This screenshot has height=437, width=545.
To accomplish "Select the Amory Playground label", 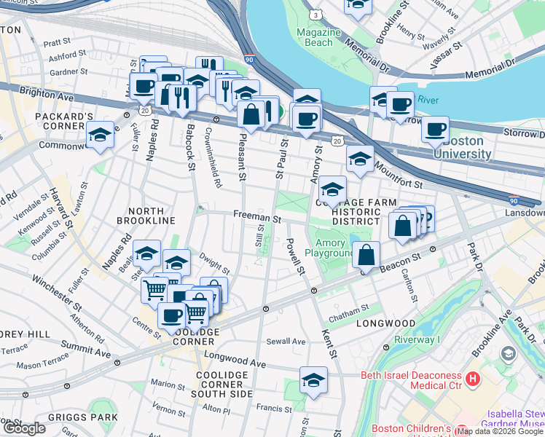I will [x=334, y=246].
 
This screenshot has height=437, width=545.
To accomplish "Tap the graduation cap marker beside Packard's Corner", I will [x=100, y=135].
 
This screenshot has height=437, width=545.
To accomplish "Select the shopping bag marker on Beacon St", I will [x=366, y=256].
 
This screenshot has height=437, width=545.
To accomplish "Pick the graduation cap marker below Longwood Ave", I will [x=313, y=380].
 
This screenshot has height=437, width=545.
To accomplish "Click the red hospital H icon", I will [x=473, y=379].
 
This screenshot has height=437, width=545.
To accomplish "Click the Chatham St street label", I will [x=349, y=310].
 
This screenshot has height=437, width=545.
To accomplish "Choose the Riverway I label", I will [x=418, y=339].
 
